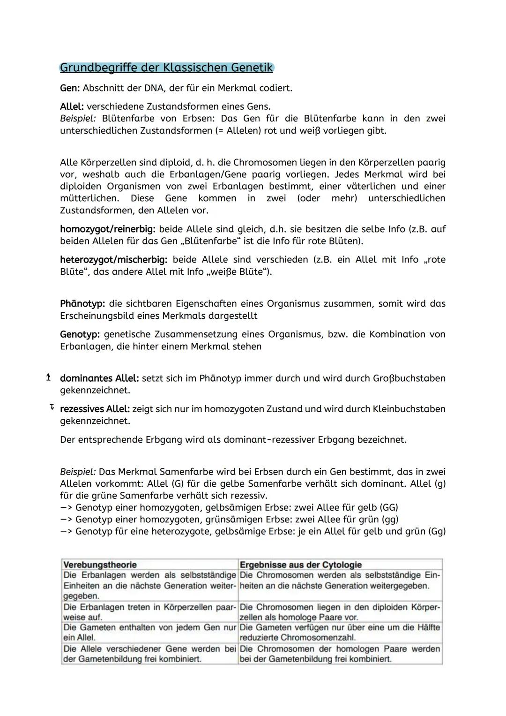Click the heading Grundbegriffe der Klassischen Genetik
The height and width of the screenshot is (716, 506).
pyautogui.click(x=166, y=68)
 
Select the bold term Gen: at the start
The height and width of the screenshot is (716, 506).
pyautogui.click(x=70, y=88)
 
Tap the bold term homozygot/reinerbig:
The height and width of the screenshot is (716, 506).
pyautogui.click(x=108, y=229)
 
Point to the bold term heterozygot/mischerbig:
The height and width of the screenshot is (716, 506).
pyautogui.click(x=113, y=260)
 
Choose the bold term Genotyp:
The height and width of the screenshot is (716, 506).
pyautogui.click(x=80, y=334)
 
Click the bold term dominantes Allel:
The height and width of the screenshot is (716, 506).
pyautogui.click(x=99, y=378)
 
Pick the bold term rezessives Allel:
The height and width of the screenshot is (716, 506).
pyautogui.click(x=95, y=409)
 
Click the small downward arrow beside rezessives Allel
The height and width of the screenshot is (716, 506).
pyautogui.click(x=52, y=408)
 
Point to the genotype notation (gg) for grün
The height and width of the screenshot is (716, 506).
pyautogui.click(x=390, y=520)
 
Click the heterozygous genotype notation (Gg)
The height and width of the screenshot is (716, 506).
pyautogui.click(x=437, y=532)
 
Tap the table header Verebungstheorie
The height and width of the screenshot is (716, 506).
pyautogui.click(x=100, y=565)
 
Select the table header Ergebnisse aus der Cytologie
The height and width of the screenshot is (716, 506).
pyautogui.click(x=300, y=565)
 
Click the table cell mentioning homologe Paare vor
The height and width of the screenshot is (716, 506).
pyautogui.click(x=340, y=612)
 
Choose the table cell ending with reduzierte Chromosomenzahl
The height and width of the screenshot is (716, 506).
pyautogui.click(x=340, y=633)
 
